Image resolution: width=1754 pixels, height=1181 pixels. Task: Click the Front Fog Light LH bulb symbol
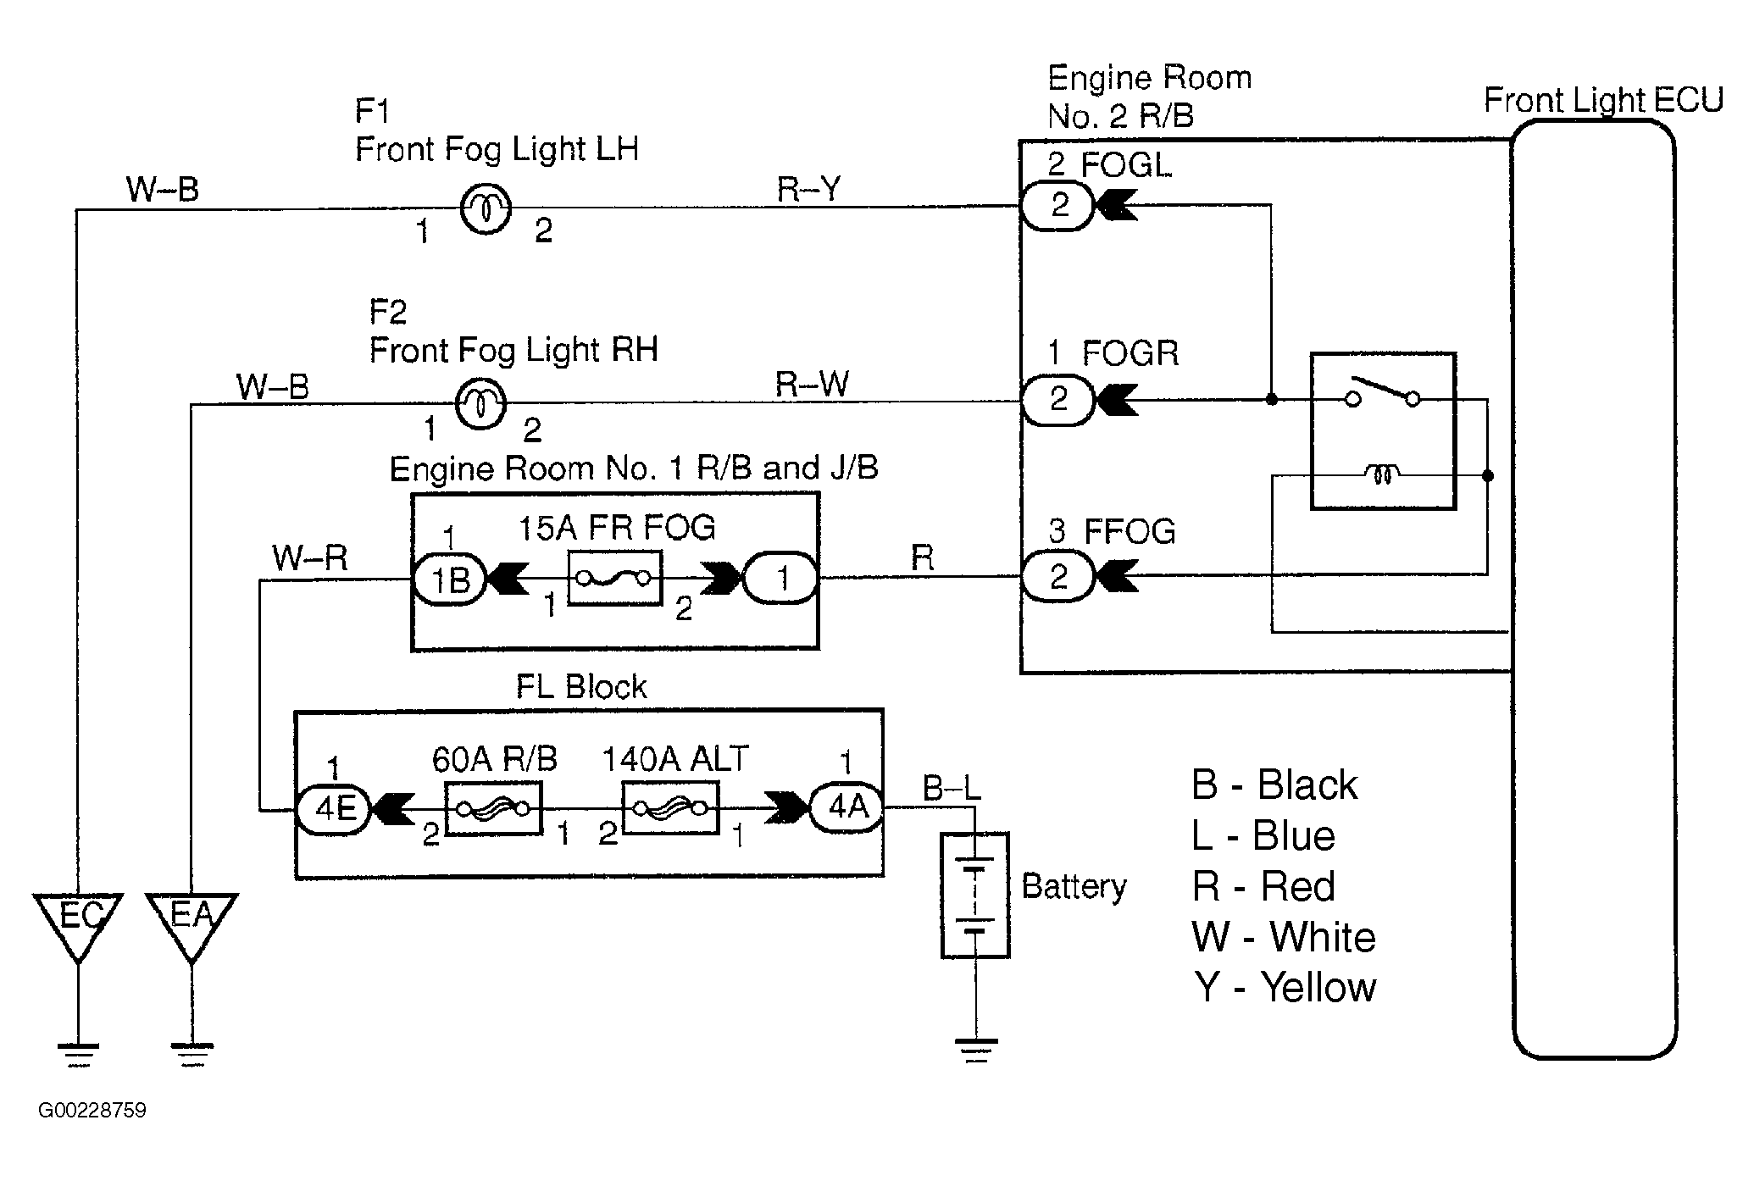click(x=486, y=208)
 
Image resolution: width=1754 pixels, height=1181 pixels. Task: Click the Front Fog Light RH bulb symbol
click(x=481, y=403)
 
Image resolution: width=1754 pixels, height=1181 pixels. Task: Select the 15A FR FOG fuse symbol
click(x=614, y=579)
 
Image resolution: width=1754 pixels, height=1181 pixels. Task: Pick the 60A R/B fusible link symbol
click(x=493, y=808)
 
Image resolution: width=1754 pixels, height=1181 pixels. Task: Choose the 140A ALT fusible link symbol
click(x=670, y=808)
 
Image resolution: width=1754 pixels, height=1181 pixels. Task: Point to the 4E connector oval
click(x=333, y=809)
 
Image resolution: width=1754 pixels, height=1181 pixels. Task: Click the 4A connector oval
click(x=846, y=807)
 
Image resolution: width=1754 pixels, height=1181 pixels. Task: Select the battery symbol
click(x=975, y=895)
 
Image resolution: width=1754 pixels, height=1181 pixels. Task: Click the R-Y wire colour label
click(x=808, y=189)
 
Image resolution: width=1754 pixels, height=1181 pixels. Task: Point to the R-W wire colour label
click(x=812, y=385)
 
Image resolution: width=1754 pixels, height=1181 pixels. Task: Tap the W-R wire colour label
click(x=310, y=558)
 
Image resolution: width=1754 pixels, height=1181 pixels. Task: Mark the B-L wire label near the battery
click(x=951, y=789)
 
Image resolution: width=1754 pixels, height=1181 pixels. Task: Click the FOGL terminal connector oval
click(x=1057, y=205)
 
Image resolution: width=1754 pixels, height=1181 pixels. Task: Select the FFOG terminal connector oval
click(x=1057, y=577)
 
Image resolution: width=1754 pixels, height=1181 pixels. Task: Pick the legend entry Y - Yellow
click(x=1285, y=987)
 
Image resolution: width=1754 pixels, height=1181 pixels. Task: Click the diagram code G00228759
click(x=92, y=1110)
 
